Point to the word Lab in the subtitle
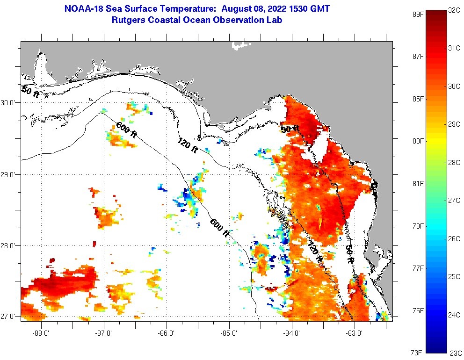click(x=275, y=20)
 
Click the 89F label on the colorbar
click(x=418, y=14)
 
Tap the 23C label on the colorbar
click(x=456, y=353)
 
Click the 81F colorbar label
click(x=418, y=183)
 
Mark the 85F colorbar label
click(x=418, y=99)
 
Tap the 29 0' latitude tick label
click(x=8, y=174)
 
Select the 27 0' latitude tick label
click(x=8, y=316)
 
